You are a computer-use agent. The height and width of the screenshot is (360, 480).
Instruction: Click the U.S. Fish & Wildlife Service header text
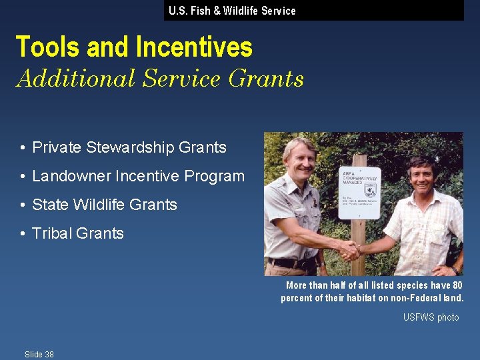(232, 11)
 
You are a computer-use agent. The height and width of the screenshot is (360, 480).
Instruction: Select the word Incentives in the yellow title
(194, 47)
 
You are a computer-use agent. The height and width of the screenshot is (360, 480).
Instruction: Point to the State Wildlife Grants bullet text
(105, 205)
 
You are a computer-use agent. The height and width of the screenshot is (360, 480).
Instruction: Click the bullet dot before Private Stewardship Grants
(23, 147)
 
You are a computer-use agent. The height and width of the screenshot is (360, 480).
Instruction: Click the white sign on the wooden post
(359, 192)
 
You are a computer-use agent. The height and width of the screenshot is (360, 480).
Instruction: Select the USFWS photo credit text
(431, 317)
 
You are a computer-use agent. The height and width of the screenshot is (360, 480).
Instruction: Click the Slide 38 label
(39, 354)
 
